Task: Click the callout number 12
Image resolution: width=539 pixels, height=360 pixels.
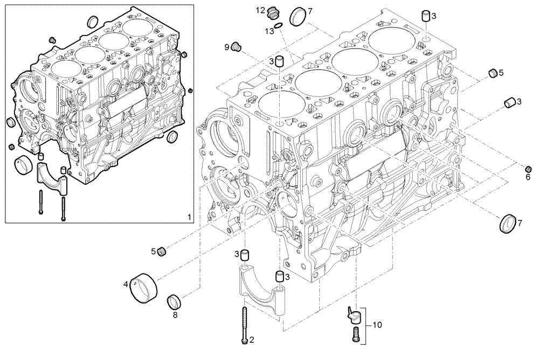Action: [x=260, y=10]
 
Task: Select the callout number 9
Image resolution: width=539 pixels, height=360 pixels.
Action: [x=227, y=47]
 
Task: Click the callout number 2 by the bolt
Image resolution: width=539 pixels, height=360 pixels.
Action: [x=252, y=340]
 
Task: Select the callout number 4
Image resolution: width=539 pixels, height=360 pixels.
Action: [x=126, y=283]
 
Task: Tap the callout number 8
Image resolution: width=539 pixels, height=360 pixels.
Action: [x=175, y=315]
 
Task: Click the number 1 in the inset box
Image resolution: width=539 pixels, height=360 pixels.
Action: [x=189, y=217]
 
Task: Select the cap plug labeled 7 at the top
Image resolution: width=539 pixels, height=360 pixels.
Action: [x=297, y=16]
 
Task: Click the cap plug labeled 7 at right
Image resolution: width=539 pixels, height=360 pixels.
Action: [x=508, y=224]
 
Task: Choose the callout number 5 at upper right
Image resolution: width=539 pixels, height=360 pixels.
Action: [x=501, y=72]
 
